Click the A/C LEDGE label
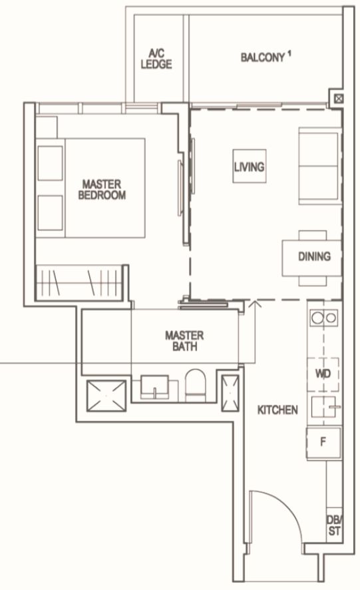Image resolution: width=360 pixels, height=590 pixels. [x=156, y=59]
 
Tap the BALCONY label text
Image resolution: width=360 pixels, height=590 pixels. [x=263, y=57]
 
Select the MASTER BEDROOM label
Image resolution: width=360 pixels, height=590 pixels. [x=102, y=189]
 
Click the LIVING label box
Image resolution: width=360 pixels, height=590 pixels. [x=250, y=166]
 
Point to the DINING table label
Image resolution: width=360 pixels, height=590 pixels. [x=315, y=256]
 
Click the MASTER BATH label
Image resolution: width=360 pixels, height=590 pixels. [x=184, y=340]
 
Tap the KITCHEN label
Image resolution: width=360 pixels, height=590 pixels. [x=277, y=410]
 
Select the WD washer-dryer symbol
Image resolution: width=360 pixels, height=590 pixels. [x=323, y=374]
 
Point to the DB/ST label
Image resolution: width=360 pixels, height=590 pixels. [x=335, y=525]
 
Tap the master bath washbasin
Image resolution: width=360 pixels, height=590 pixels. [x=154, y=387]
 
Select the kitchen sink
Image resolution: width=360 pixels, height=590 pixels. [x=324, y=407]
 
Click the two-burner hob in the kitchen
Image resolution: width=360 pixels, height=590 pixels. [x=324, y=318]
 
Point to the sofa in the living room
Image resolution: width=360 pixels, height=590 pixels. [x=320, y=166]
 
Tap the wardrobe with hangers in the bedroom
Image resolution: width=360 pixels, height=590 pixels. [x=79, y=282]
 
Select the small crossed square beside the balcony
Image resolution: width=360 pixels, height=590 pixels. [x=339, y=99]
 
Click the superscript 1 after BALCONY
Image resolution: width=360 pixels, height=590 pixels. [x=289, y=54]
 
